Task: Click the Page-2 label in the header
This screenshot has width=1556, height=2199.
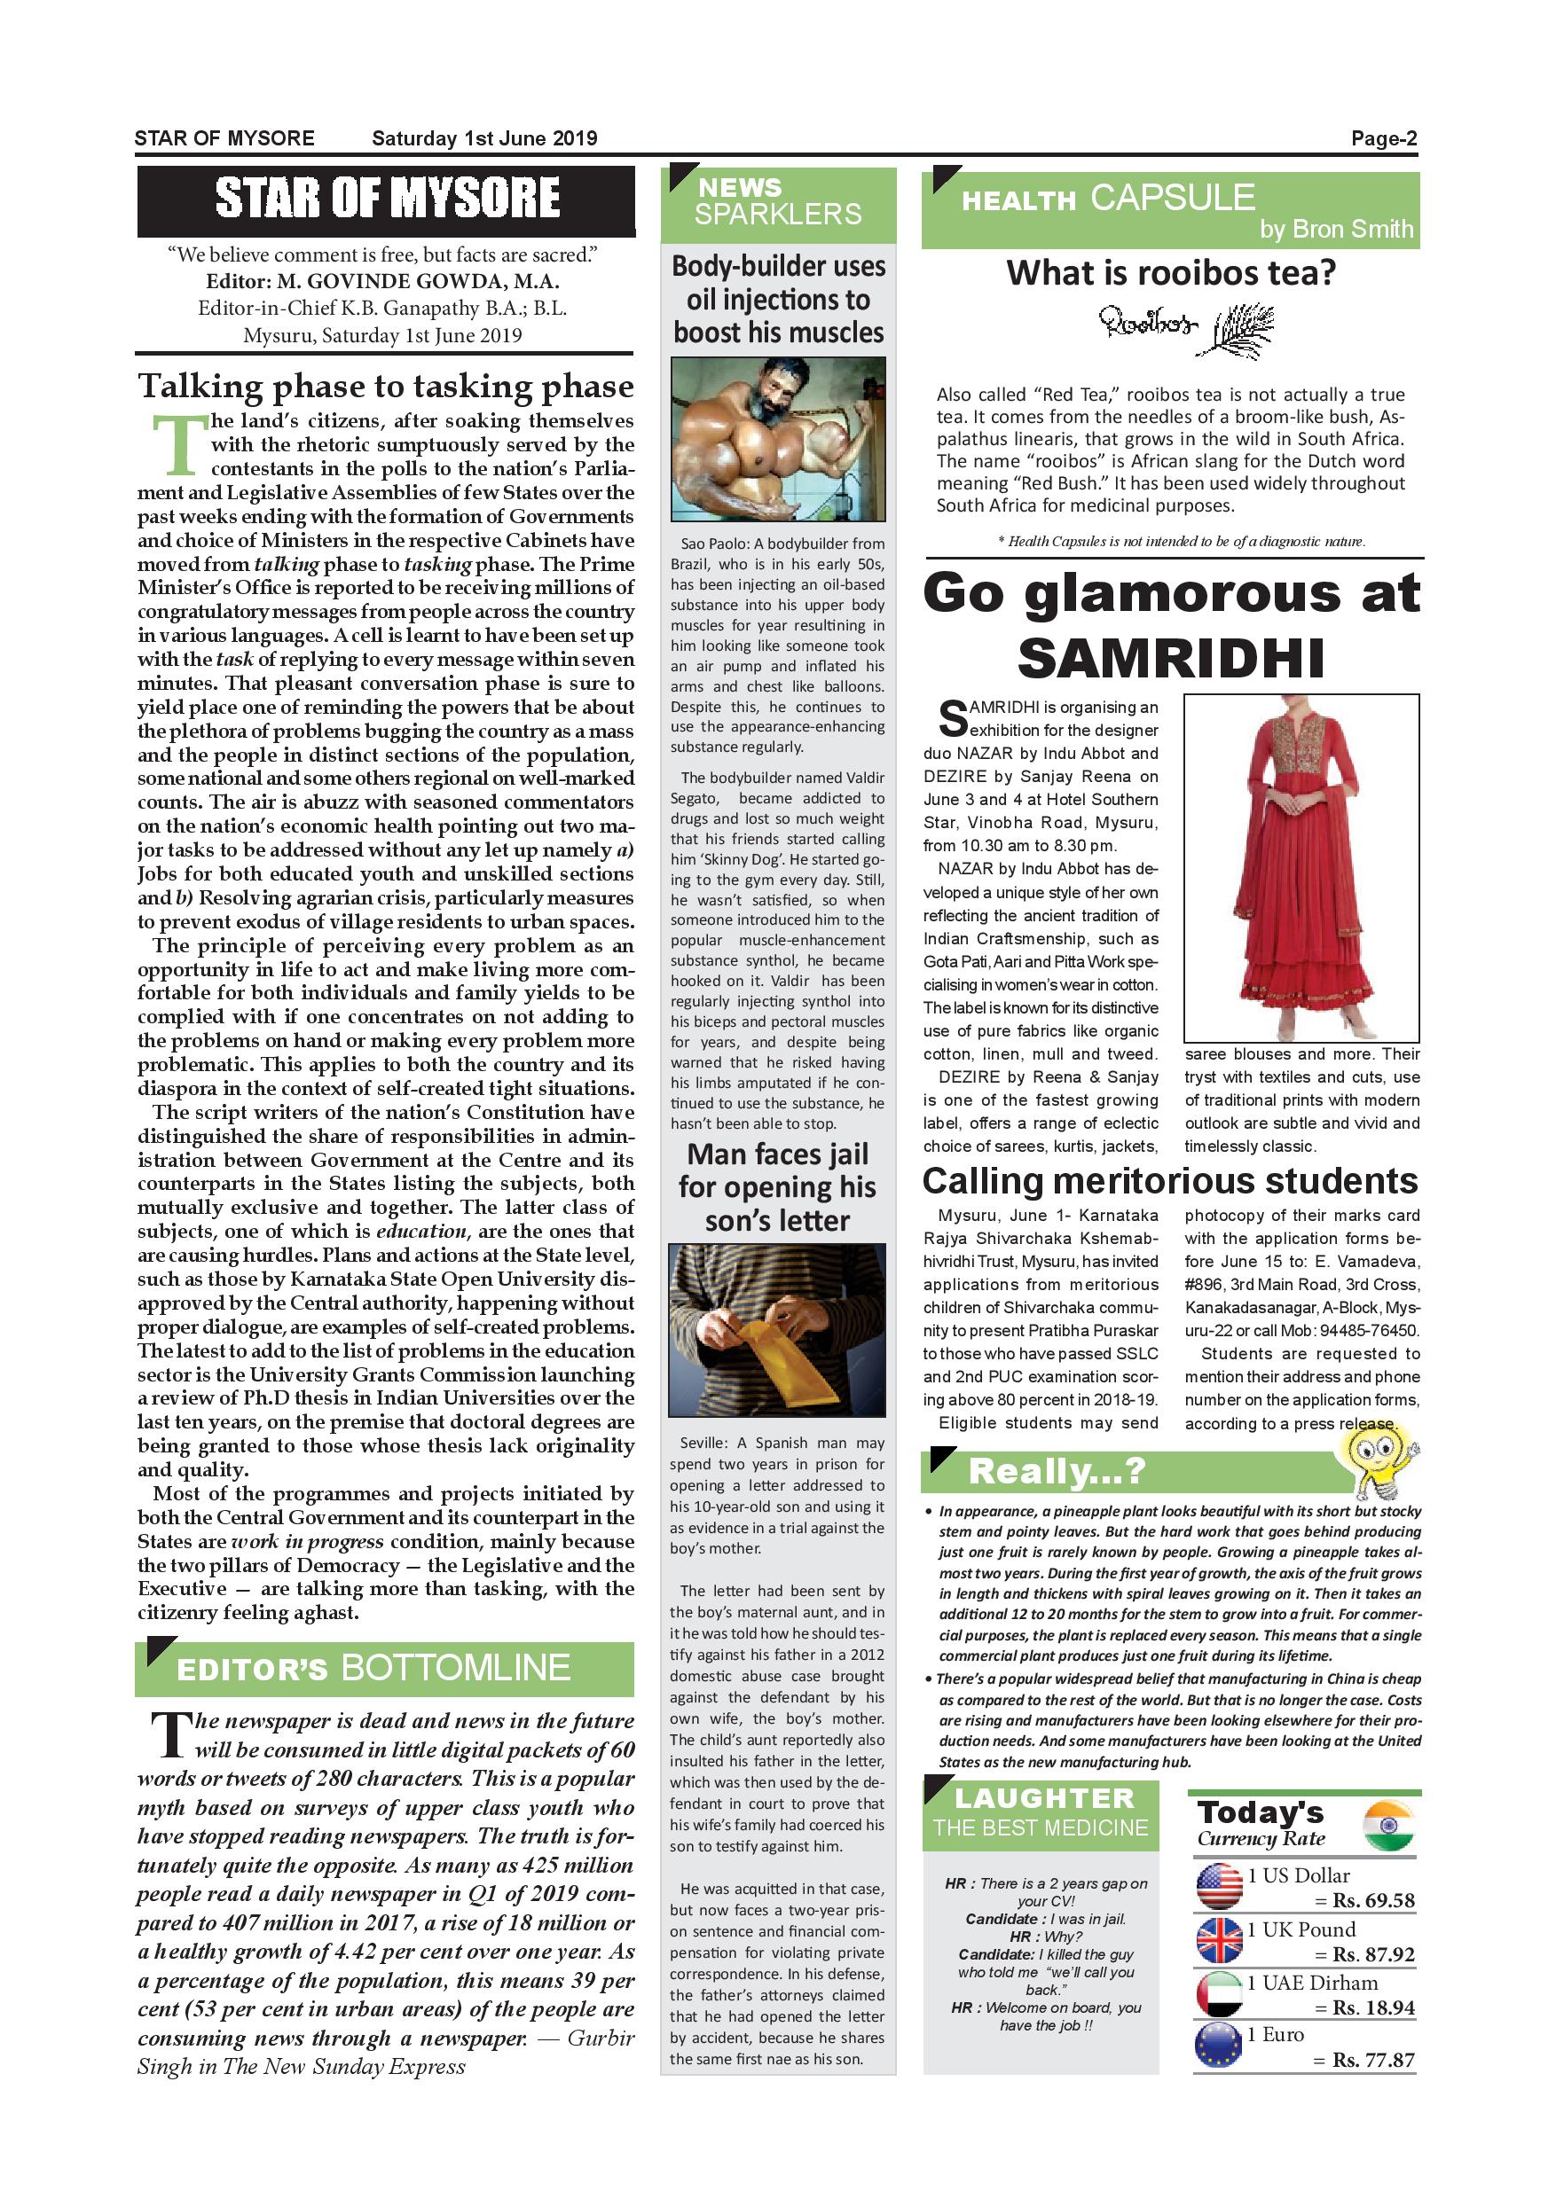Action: [x=1384, y=138]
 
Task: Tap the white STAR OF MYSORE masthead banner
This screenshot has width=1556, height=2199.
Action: [x=386, y=200]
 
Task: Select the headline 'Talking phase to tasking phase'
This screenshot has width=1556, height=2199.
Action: [x=385, y=386]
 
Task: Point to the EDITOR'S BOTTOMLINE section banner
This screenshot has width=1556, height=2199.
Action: [x=384, y=1669]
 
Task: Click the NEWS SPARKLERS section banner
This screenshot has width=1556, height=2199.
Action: [x=777, y=202]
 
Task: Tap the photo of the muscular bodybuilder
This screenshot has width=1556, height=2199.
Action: [x=777, y=439]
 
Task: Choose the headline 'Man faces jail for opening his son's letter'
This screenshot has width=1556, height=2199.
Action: [x=777, y=1187]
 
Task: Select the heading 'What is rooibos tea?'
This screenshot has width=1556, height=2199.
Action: [x=1170, y=273]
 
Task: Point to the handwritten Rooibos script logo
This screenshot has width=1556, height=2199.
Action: [x=1147, y=324]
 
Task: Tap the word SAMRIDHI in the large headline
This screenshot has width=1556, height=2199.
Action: [x=1171, y=658]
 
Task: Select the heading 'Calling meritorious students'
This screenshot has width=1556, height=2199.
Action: [x=1170, y=1181]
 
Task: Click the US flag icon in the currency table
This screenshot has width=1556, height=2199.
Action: [x=1219, y=1887]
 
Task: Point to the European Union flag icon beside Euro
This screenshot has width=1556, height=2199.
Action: [x=1219, y=2046]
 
